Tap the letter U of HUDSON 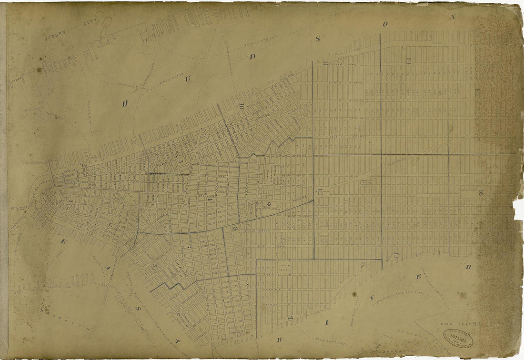click(187, 79)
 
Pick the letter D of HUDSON click(253, 57)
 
